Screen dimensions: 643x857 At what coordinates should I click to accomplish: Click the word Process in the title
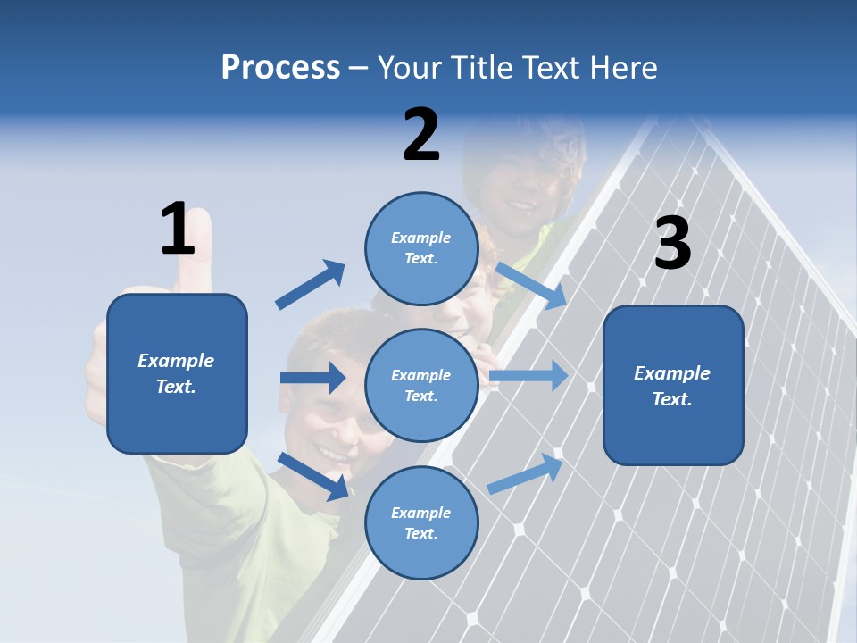[x=280, y=68]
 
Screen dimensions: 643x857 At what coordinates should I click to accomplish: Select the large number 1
[x=178, y=230]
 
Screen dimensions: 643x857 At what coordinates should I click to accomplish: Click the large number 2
[x=421, y=136]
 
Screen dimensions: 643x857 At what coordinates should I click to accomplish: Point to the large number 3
[x=672, y=244]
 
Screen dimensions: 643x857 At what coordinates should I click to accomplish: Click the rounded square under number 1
[x=177, y=373]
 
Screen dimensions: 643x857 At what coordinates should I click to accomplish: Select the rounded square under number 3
[x=673, y=386]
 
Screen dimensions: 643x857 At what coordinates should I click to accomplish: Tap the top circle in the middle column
[x=421, y=248]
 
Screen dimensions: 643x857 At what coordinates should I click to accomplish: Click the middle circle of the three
[x=421, y=385]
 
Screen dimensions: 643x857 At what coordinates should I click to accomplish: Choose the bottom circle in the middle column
[x=421, y=522]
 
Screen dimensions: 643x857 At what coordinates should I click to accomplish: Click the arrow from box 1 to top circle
[x=311, y=285]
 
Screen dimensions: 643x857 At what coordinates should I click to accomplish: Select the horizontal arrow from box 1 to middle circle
[x=312, y=378]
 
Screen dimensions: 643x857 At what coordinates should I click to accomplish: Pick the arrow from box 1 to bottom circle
[x=313, y=476]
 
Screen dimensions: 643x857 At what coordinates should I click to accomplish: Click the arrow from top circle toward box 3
[x=530, y=285]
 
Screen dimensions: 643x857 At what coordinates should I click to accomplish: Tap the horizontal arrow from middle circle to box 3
[x=528, y=375]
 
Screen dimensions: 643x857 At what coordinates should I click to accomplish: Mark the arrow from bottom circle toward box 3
[x=526, y=474]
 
